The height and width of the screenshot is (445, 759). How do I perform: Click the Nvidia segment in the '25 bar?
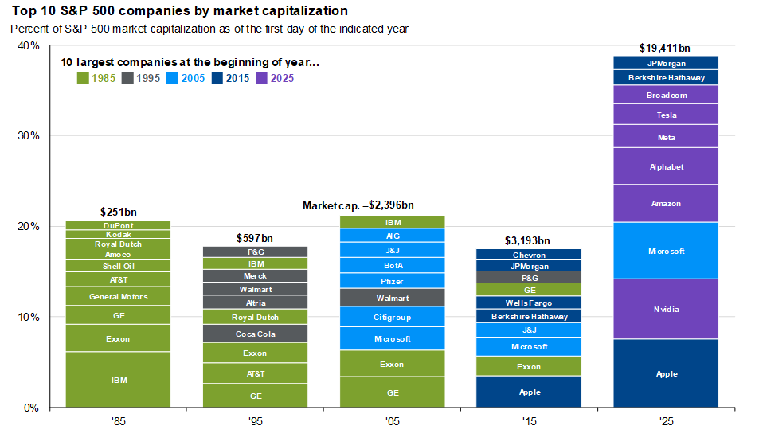click(666, 309)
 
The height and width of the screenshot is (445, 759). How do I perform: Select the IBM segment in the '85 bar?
click(118, 380)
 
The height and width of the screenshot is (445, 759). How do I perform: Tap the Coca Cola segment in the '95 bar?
click(255, 334)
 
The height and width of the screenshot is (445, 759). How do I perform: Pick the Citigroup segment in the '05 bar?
click(392, 317)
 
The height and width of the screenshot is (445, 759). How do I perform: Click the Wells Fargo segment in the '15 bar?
click(529, 303)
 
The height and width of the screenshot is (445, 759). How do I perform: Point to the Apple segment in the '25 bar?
click(666, 373)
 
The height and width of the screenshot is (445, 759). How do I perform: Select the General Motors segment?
click(118, 297)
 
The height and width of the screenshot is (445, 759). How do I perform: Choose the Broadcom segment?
click(666, 95)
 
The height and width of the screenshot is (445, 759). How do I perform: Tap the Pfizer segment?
click(392, 281)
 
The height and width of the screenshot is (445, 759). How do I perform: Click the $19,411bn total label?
click(666, 48)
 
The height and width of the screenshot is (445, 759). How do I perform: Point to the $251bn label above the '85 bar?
click(118, 213)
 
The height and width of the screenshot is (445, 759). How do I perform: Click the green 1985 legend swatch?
click(82, 78)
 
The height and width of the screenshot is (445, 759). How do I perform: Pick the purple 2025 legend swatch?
click(262, 78)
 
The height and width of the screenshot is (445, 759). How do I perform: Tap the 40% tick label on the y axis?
click(29, 45)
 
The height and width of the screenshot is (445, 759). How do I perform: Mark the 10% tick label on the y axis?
click(29, 317)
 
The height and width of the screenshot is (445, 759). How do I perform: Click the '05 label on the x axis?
click(392, 422)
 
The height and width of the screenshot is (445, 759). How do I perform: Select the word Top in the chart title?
click(22, 11)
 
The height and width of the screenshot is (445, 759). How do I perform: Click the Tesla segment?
click(666, 115)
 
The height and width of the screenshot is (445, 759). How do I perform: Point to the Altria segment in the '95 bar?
click(255, 303)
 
